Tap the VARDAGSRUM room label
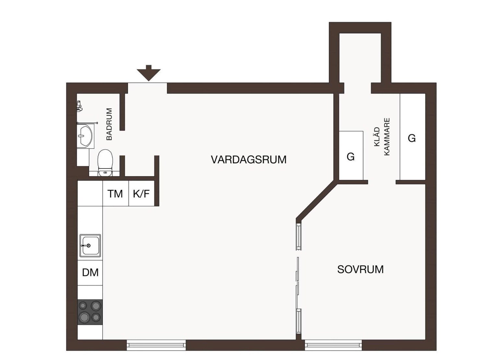tap(249, 160)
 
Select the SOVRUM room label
tap(360, 269)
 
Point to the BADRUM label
tap(109, 124)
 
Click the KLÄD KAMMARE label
tap(382, 137)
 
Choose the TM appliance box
tap(115, 194)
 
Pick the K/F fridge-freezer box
tap(141, 194)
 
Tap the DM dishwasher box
tap(90, 273)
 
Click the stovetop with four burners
tap(90, 312)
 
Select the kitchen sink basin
tap(90, 246)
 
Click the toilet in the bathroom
tap(105, 162)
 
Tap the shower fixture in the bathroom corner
tap(79, 106)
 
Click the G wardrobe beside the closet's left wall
tap(351, 156)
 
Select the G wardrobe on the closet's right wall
tap(412, 137)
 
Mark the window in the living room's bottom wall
tap(156, 345)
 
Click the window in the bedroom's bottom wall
tap(333, 345)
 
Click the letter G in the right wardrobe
tap(412, 138)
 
